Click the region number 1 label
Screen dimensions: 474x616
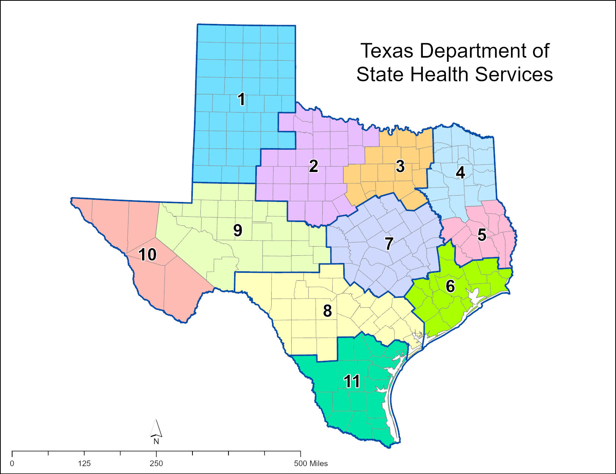pos(241,99)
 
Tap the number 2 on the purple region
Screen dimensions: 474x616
pos(313,166)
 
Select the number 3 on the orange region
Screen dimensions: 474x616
pos(400,166)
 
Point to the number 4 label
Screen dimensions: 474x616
pos(460,172)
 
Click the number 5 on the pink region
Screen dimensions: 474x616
pos(482,235)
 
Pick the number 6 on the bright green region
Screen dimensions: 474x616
pos(450,286)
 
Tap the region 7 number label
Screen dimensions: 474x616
pos(389,244)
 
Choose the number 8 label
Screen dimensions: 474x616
pos(327,311)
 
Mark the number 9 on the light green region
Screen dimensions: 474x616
pos(238,230)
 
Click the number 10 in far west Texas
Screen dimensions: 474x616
pos(147,255)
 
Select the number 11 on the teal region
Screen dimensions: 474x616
pos(352,381)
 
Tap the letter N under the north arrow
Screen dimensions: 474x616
pos(156,441)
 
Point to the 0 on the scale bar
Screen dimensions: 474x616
pos(12,463)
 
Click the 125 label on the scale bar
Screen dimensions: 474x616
pos(84,463)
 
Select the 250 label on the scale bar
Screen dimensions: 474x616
pos(156,463)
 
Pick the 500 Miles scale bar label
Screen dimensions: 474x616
pos(311,463)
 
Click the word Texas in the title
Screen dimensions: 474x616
pos(386,51)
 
